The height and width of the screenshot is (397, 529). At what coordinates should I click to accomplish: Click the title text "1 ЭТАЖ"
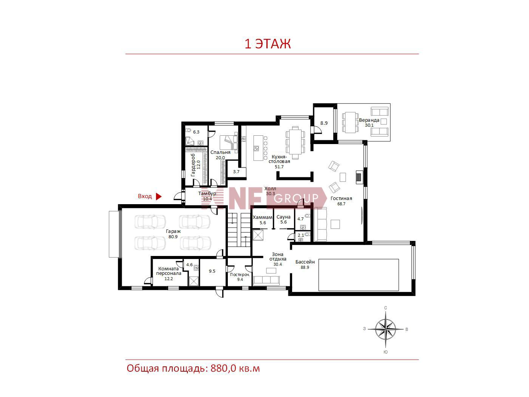click(268, 44)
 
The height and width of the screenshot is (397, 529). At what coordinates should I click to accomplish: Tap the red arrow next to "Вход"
click(159, 197)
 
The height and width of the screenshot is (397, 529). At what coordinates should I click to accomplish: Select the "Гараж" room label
click(173, 231)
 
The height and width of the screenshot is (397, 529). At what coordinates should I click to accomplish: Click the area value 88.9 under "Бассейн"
click(305, 267)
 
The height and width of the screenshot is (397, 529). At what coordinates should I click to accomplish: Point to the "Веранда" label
click(369, 120)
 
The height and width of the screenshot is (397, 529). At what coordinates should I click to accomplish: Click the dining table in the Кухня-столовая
click(295, 142)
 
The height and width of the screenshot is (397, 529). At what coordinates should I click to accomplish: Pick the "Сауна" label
click(283, 217)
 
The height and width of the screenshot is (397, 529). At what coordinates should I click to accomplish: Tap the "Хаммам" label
click(263, 217)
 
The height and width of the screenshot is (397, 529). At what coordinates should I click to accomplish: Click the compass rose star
click(386, 329)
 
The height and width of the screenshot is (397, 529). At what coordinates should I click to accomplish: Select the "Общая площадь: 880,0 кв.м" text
click(193, 369)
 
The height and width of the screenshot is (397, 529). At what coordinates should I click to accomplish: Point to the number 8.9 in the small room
click(324, 123)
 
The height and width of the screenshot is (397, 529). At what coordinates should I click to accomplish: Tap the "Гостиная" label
click(341, 198)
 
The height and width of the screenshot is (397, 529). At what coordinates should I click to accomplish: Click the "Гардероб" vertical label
click(193, 165)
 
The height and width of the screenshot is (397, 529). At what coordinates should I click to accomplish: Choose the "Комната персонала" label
click(169, 271)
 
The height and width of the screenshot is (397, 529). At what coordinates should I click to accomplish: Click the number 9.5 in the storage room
click(212, 271)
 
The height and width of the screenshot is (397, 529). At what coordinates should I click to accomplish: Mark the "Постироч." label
click(240, 274)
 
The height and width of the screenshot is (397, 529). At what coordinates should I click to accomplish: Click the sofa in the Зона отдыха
click(266, 280)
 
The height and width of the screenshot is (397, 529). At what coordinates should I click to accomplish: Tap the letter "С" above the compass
click(386, 307)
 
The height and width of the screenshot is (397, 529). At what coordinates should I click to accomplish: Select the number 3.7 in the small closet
click(236, 172)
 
